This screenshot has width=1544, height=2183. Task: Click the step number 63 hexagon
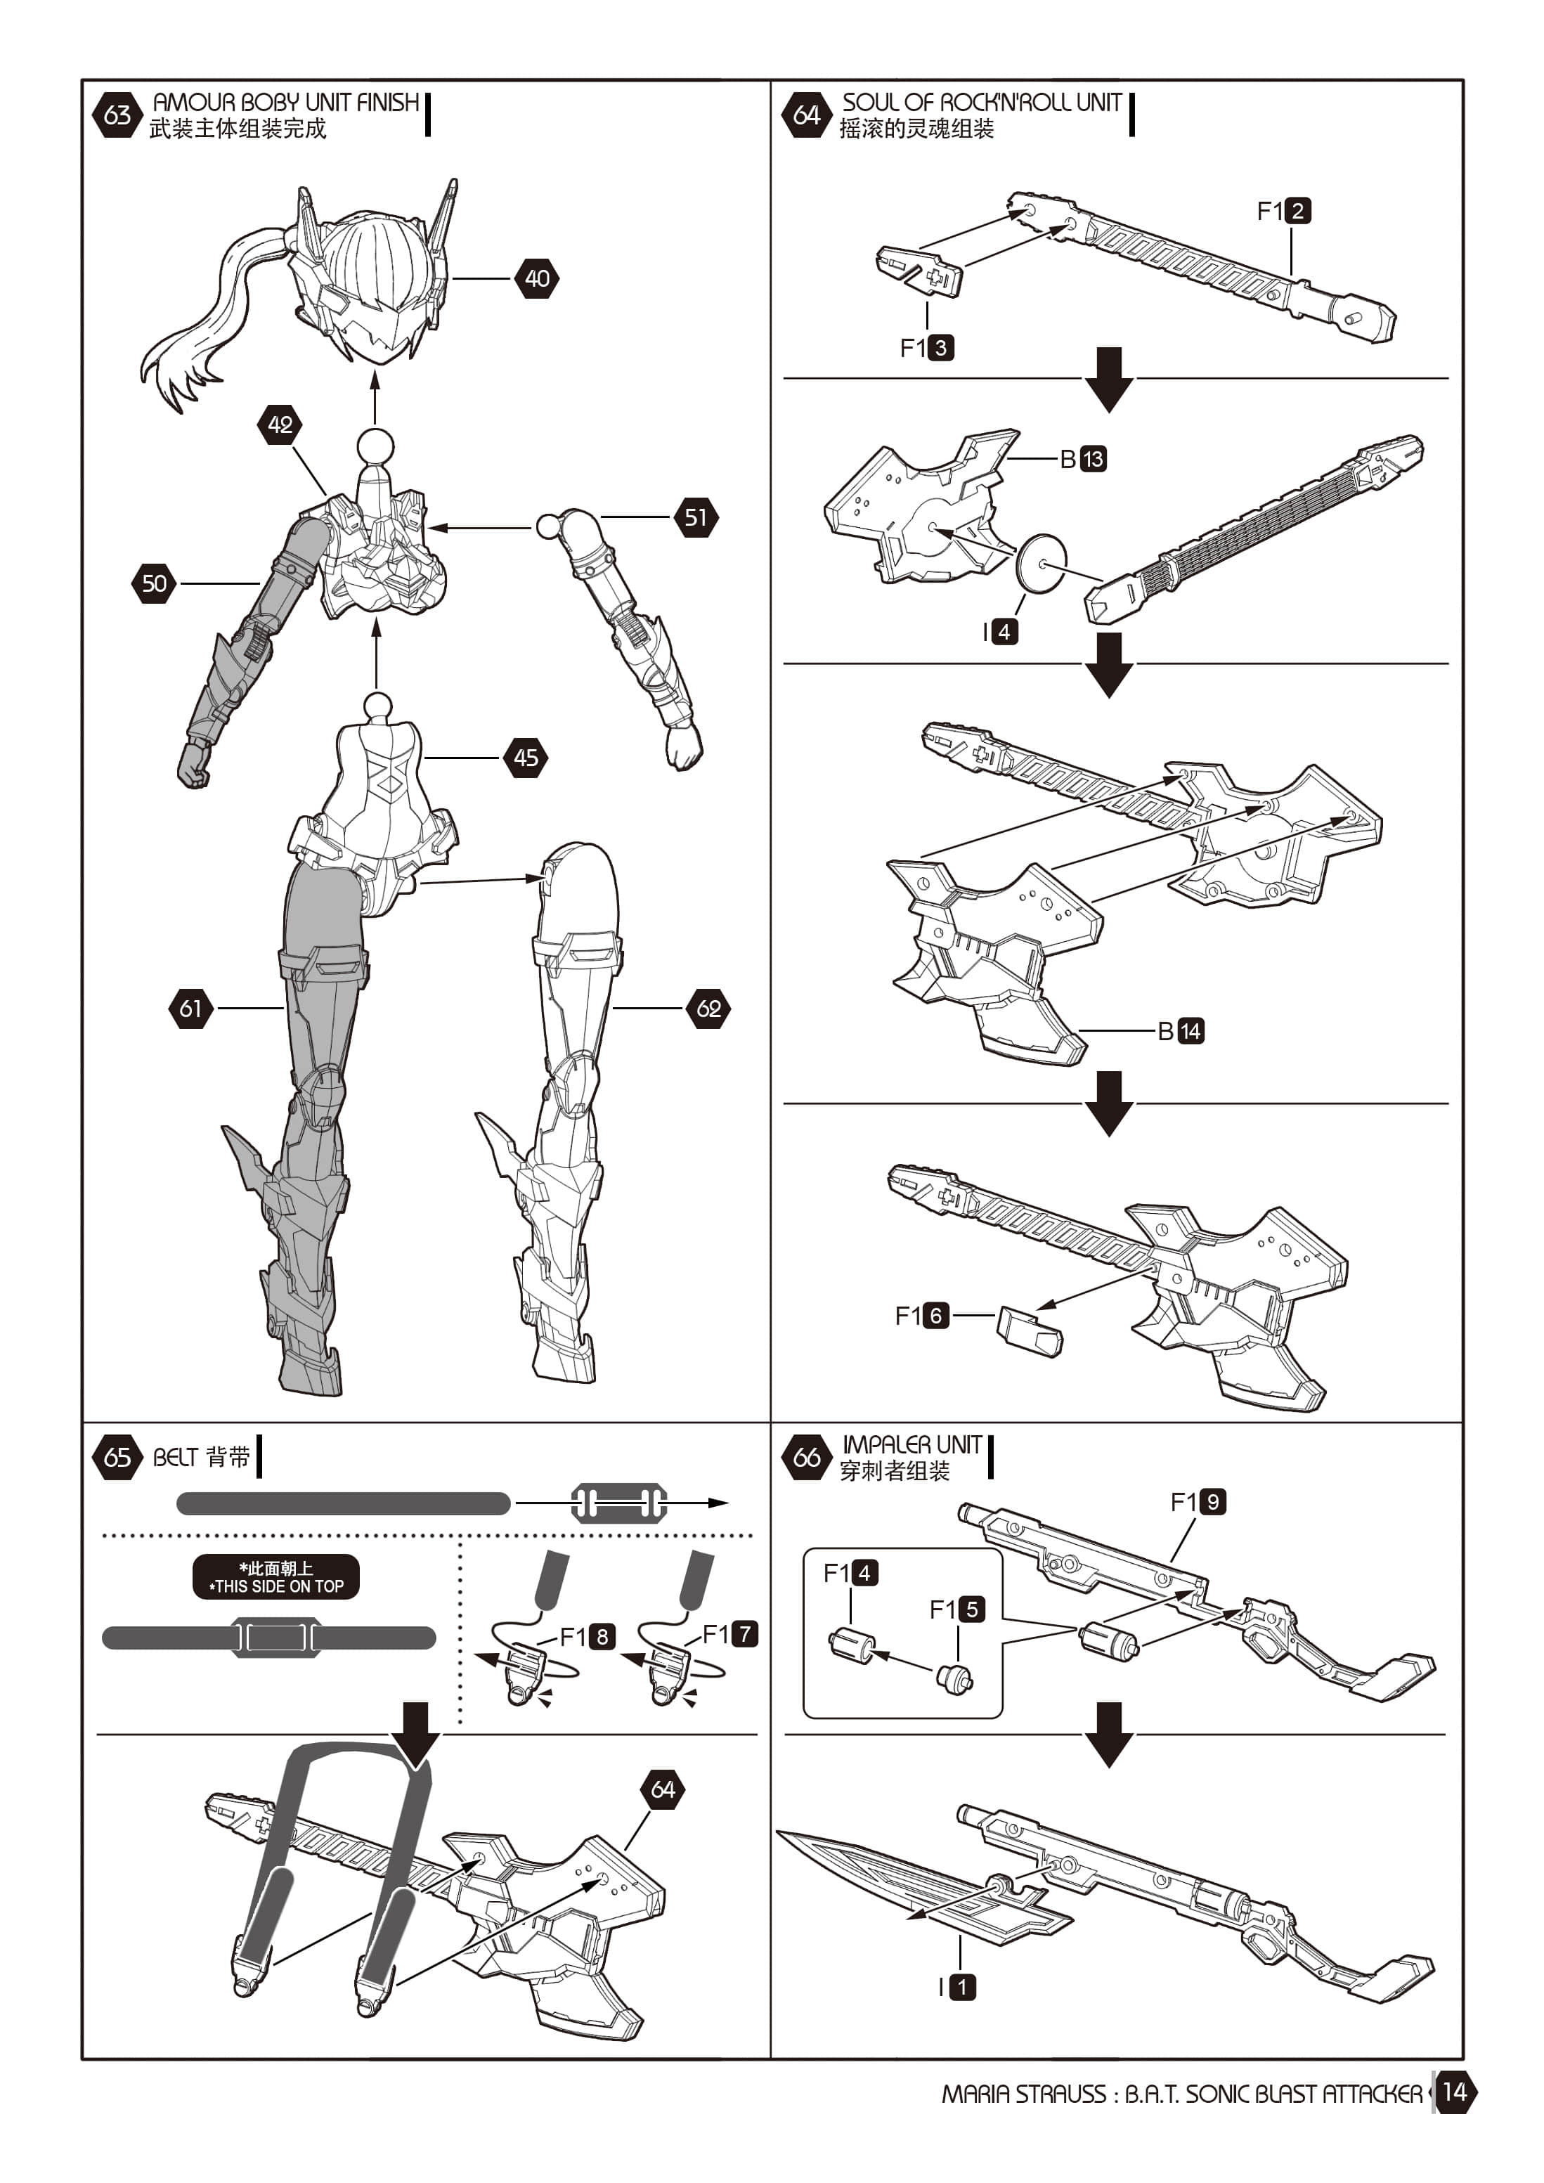(117, 115)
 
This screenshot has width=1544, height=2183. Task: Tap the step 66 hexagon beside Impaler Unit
(806, 1458)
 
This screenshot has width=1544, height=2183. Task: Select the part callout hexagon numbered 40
(537, 278)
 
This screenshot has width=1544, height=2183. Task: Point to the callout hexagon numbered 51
(696, 517)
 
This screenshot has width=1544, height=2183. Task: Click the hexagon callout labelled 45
(526, 758)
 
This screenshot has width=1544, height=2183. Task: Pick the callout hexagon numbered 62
(708, 1008)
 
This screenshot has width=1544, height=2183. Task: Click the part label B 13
(1084, 459)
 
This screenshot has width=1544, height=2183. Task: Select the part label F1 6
(922, 1315)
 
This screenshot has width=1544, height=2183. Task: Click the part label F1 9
(1198, 1502)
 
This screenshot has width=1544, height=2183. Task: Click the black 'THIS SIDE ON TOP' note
(275, 1577)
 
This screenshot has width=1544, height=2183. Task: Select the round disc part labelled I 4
(1041, 563)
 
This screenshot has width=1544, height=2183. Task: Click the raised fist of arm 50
(193, 765)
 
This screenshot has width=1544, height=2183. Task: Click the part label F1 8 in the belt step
(588, 1636)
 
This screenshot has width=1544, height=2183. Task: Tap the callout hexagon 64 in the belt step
(663, 1789)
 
